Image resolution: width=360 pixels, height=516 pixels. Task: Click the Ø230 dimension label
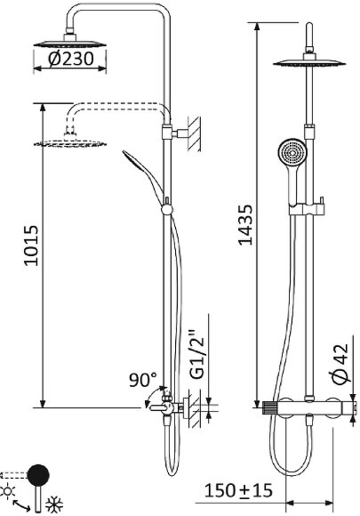71,59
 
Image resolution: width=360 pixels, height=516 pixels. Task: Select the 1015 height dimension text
32,246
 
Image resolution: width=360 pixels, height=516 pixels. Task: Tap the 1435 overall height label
245,225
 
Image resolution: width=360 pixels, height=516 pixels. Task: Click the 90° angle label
143,380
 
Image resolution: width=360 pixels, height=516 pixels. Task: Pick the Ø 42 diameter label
340,364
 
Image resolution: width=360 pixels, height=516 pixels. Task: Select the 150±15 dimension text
238,491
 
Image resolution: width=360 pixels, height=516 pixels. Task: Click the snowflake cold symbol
54,504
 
